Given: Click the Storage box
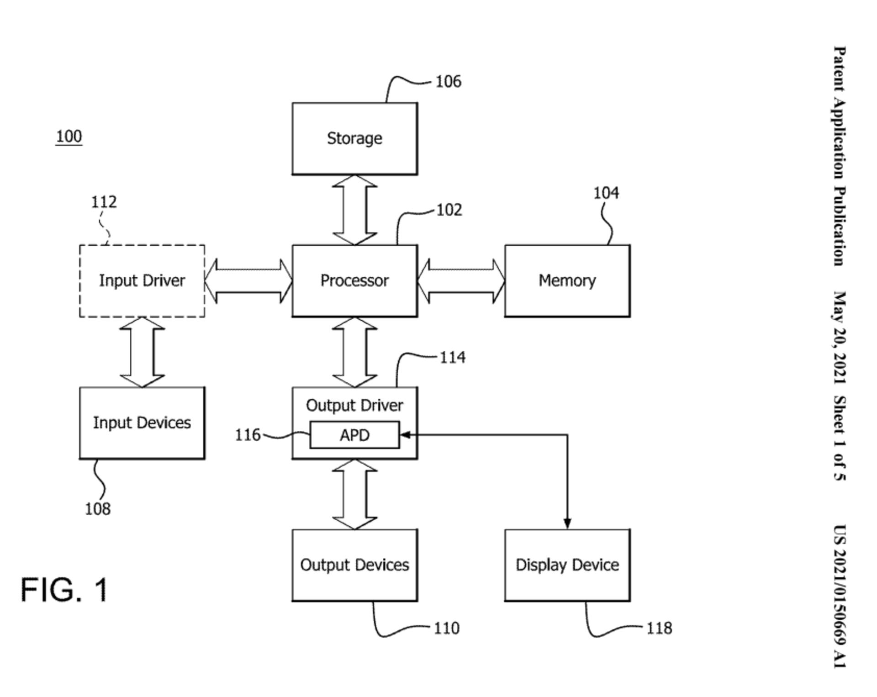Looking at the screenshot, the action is (x=354, y=138).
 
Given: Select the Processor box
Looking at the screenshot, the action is (x=354, y=280).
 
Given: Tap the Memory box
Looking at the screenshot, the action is (x=567, y=280).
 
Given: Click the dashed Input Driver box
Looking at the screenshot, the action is (x=142, y=280).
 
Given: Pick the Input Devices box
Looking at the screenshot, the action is (x=142, y=423).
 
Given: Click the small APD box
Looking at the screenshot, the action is (x=354, y=435).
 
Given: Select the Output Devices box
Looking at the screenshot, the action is (x=354, y=565).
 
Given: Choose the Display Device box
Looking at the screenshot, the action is (x=567, y=565).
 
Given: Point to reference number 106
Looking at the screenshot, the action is (x=448, y=82).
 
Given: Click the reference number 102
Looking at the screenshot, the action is (x=449, y=210).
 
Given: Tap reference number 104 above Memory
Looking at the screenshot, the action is (x=606, y=193).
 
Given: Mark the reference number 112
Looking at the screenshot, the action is (x=104, y=202).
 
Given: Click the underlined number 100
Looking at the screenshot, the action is (x=69, y=137).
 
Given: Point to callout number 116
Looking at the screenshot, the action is (x=248, y=435).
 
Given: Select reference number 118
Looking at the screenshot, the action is (x=659, y=628).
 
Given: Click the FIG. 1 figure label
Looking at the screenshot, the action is (x=64, y=589).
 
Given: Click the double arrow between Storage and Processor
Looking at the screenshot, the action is (x=354, y=210).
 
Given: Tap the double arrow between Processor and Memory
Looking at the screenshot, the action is (x=461, y=281).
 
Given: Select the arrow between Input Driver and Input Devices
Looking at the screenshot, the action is (x=142, y=352).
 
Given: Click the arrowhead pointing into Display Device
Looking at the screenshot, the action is (x=567, y=524).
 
